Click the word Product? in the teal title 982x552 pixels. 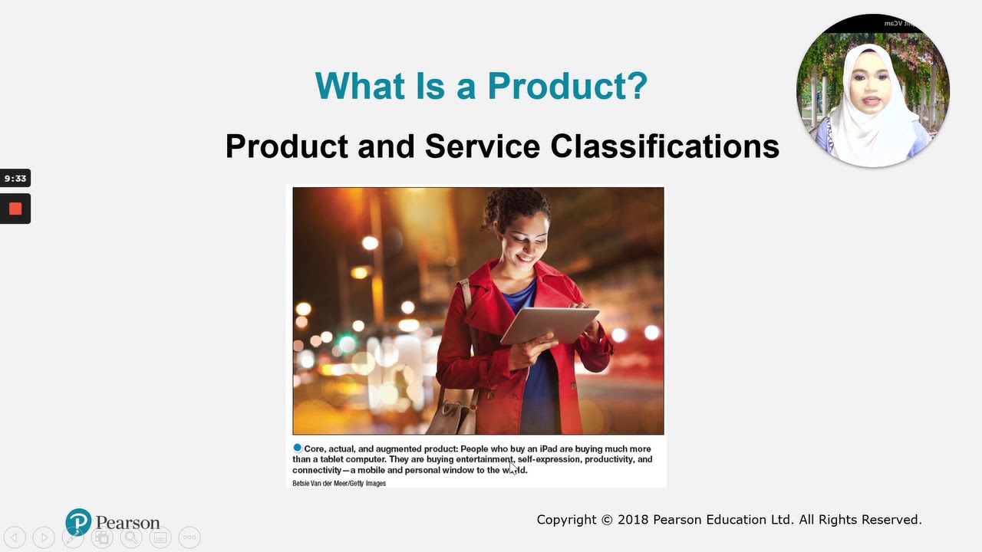(567, 86)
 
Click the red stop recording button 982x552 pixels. (15, 209)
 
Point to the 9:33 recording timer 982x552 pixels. (15, 179)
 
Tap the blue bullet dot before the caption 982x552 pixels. (298, 449)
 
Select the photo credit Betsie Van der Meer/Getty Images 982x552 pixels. (339, 484)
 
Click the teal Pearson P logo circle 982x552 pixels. (78, 522)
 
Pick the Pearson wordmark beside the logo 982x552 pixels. (127, 523)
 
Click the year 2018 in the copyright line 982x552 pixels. (633, 520)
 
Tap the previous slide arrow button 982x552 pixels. (15, 537)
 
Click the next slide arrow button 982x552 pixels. (44, 537)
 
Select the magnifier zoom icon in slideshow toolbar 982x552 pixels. (131, 537)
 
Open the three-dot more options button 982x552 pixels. (189, 537)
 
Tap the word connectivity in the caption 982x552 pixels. (316, 471)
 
